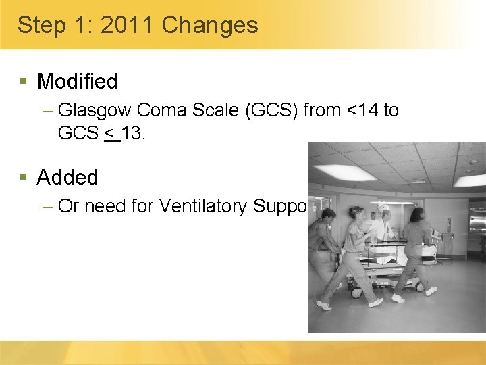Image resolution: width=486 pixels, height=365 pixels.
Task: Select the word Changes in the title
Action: coord(210,26)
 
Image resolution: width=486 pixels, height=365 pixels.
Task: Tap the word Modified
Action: coord(77,82)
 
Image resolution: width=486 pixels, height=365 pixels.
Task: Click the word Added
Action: coord(67,178)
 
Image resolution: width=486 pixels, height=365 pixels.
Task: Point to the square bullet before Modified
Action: coord(24,81)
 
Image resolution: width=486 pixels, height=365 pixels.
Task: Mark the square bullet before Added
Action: coord(24,177)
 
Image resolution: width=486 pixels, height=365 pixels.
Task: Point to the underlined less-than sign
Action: coord(111,133)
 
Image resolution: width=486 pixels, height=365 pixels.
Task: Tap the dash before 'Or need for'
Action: coord(47,206)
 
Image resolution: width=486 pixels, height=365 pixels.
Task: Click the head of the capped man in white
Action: coord(384,206)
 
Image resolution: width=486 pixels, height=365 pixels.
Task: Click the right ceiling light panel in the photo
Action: coord(468,180)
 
